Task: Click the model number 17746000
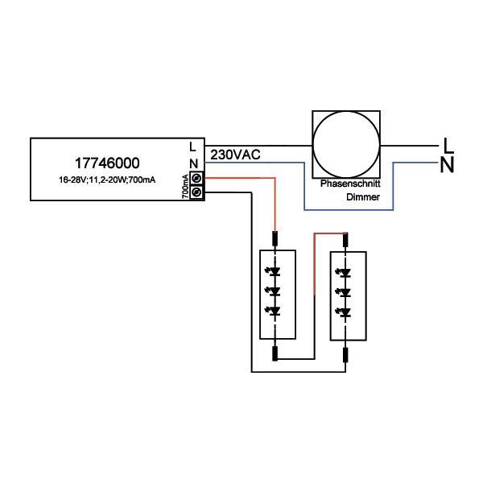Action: tap(109, 161)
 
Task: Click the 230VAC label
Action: tap(234, 154)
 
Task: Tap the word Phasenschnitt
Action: tap(345, 184)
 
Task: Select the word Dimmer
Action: tap(362, 196)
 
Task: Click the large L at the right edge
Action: tap(448, 146)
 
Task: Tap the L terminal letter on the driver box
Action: tap(192, 147)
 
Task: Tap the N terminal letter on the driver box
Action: tap(192, 163)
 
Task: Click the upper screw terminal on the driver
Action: tap(195, 178)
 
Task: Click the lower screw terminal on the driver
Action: tap(195, 192)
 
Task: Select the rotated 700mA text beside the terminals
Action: tap(185, 185)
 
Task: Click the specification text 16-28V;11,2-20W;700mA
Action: tap(106, 178)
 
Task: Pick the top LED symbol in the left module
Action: tap(276, 272)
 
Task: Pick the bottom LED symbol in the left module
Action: tap(276, 310)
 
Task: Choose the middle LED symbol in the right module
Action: tap(345, 291)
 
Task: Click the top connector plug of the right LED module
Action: tap(345, 238)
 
